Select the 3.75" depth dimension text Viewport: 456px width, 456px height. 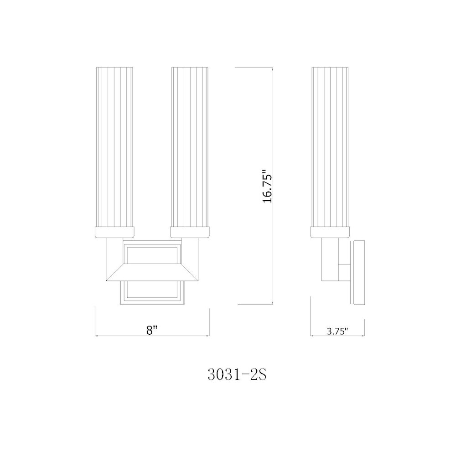pyautogui.click(x=337, y=332)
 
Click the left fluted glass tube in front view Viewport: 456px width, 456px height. pyautogui.click(x=114, y=146)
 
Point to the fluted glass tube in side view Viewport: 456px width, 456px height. pyautogui.click(x=330, y=146)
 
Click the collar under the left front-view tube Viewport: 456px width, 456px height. pyautogui.click(x=114, y=233)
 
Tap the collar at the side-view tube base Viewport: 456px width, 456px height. pyautogui.click(x=330, y=233)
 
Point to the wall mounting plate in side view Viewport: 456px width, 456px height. pyautogui.click(x=358, y=272)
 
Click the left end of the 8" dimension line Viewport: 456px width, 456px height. pyautogui.click(x=95, y=336)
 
